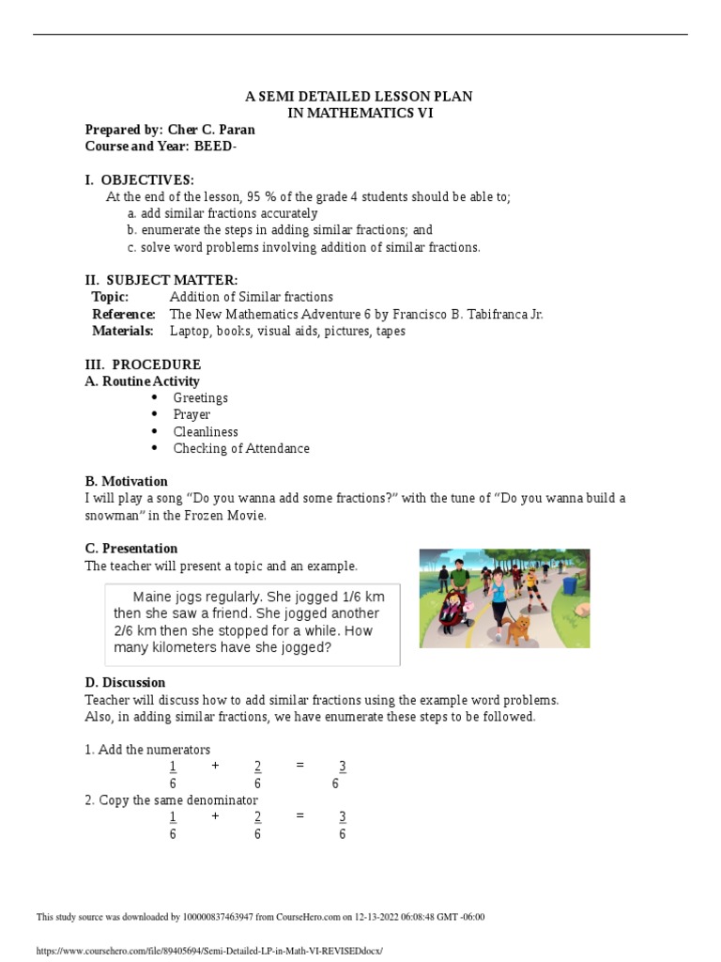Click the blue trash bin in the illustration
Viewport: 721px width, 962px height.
pos(570,585)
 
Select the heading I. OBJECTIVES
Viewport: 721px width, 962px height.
pos(139,179)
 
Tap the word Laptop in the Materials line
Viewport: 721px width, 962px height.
pos(191,331)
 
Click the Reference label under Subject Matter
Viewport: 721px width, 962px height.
pos(123,314)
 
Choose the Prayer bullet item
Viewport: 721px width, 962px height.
pos(192,414)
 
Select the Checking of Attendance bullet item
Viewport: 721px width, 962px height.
pos(241,448)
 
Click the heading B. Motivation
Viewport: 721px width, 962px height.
pos(126,481)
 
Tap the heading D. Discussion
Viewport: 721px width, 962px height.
pos(125,682)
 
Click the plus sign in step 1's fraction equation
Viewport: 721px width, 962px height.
pos(215,766)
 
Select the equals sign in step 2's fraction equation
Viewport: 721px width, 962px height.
pos(299,816)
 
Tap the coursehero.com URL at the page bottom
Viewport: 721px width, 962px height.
pos(209,950)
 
